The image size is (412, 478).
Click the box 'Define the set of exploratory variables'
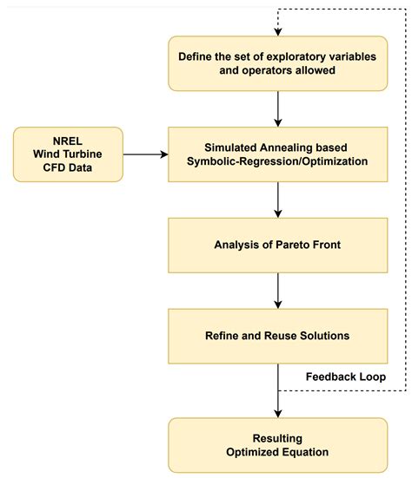click(277, 63)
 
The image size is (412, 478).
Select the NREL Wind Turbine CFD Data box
click(66, 154)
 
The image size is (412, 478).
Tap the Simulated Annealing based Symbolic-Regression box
click(277, 154)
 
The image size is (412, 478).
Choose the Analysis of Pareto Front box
click(277, 244)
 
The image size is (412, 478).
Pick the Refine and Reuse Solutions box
click(277, 333)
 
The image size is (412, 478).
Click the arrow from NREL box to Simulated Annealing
click(143, 154)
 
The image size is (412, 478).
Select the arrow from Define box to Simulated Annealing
click(277, 108)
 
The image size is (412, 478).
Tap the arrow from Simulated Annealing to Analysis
click(277, 199)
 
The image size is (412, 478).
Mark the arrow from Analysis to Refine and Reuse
click(277, 288)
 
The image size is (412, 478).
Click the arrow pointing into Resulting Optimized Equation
click(277, 399)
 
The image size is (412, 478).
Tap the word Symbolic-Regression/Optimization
click(277, 162)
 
